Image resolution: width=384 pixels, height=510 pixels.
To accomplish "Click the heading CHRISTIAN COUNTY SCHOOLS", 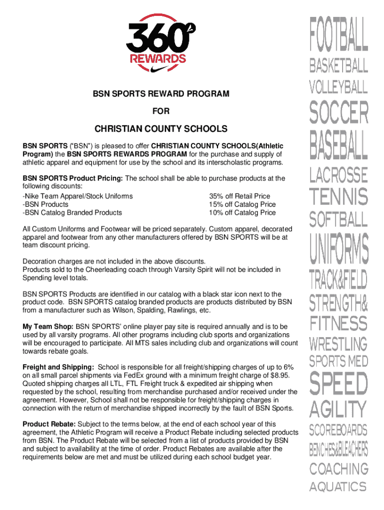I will coord(161,129).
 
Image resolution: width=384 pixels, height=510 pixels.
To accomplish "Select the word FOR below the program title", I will coord(161,112).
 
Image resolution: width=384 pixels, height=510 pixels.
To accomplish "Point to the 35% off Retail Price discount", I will coord(239,196).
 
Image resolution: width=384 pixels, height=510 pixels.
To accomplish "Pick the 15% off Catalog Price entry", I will coord(242,204).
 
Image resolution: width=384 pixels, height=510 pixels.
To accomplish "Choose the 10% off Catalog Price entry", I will coord(242,213).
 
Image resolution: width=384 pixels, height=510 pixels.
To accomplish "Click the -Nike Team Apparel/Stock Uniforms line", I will coord(78,196).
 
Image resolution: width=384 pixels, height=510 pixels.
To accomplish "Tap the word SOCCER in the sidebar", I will coord(339,113).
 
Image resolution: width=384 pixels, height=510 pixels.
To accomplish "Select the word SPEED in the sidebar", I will coord(339,383).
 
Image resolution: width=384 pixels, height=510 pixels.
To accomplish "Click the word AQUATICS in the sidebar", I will coord(339,487).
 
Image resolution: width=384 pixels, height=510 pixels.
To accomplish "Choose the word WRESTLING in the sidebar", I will coord(339,344).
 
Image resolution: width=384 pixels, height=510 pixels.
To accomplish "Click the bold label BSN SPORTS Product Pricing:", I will coord(73,178).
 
